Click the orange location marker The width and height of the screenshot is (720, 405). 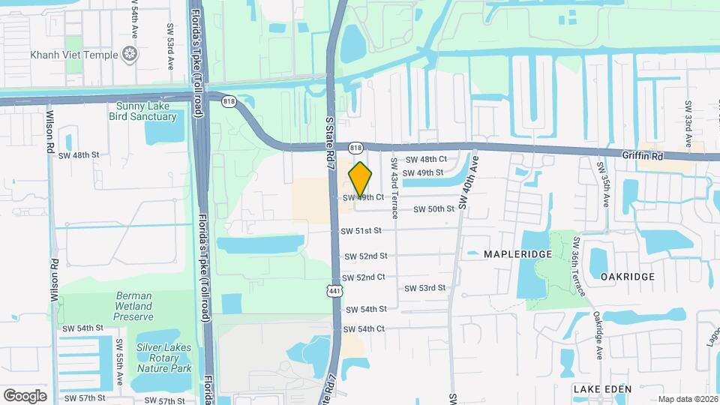pyautogui.click(x=361, y=178)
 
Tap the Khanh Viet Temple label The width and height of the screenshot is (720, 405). pyautogui.click(x=74, y=55)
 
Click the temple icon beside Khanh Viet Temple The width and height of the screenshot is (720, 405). pyautogui.click(x=130, y=54)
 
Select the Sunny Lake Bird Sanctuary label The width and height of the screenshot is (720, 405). pyautogui.click(x=146, y=112)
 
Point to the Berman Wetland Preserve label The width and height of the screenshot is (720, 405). pyautogui.click(x=133, y=306)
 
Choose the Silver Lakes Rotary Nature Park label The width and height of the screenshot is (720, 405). pyautogui.click(x=163, y=357)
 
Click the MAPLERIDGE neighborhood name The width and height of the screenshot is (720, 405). pyautogui.click(x=517, y=254)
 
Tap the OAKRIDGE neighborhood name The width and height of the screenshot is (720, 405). pyautogui.click(x=628, y=276)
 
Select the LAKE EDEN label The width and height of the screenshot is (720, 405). pyautogui.click(x=602, y=389)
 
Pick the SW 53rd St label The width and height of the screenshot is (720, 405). pyautogui.click(x=425, y=288)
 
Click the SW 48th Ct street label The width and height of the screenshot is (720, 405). pyautogui.click(x=426, y=160)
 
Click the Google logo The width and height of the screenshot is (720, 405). pyautogui.click(x=25, y=395)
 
